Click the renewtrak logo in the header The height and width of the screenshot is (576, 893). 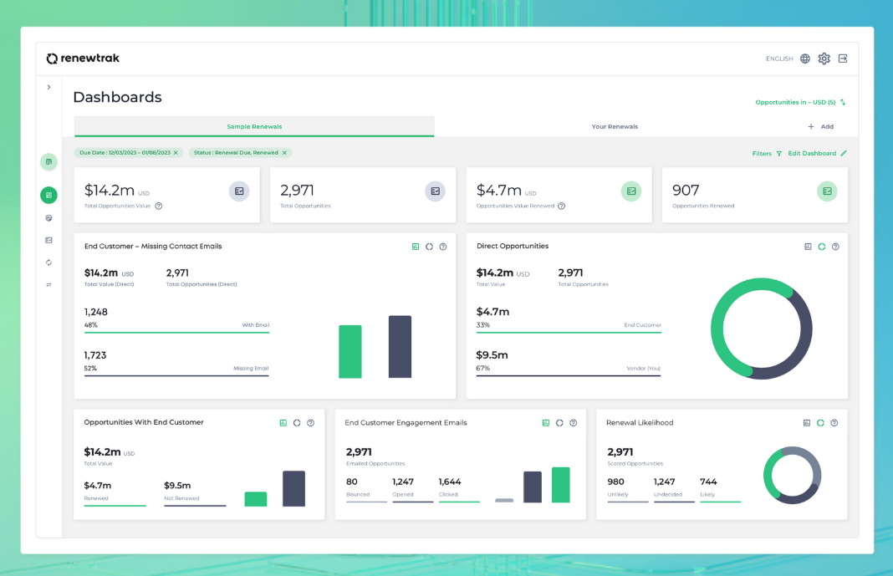(83, 58)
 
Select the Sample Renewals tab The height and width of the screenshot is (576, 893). (254, 126)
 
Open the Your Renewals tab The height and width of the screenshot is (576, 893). (615, 126)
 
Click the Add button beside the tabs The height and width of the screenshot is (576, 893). (820, 126)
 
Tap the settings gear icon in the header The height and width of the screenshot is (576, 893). (824, 59)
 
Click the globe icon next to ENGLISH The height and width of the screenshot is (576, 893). (805, 59)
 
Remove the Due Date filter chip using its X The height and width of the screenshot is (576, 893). (176, 152)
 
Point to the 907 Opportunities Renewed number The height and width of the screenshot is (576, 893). (686, 190)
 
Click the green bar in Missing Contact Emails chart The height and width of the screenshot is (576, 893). (350, 352)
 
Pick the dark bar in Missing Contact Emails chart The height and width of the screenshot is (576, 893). (400, 347)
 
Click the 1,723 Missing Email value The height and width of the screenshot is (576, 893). (95, 355)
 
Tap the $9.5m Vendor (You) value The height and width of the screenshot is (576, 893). (492, 355)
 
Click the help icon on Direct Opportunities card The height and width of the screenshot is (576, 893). (835, 247)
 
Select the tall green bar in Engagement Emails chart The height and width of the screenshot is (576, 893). (561, 485)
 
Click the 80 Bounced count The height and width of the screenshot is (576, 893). (352, 482)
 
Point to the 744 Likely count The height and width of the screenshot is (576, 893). (708, 482)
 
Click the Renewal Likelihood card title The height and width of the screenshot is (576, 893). (640, 422)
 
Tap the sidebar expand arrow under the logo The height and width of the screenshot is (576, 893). (49, 87)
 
